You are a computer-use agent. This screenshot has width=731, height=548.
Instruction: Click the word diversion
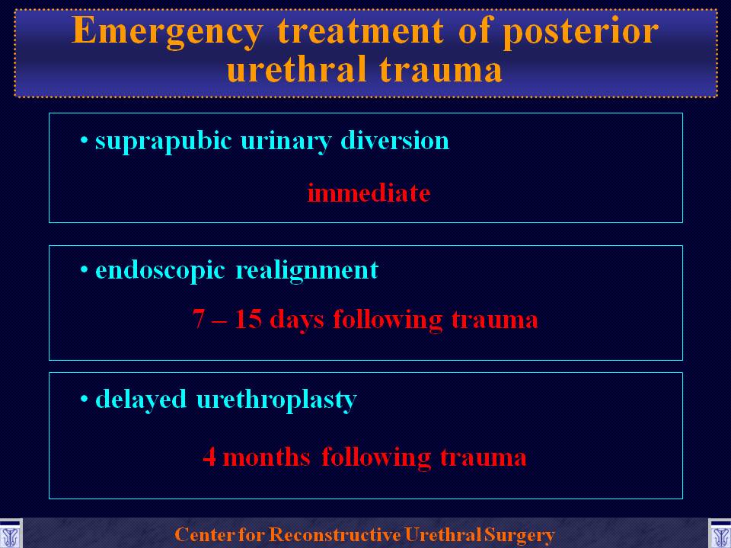click(395, 140)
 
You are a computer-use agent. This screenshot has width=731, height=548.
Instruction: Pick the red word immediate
click(369, 193)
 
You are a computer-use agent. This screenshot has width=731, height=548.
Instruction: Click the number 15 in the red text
click(248, 319)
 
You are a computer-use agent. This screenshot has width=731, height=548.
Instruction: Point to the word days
click(296, 320)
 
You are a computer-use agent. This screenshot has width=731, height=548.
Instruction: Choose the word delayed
click(141, 400)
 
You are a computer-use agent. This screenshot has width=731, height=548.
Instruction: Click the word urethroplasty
click(276, 400)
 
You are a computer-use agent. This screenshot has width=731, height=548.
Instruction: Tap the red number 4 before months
click(209, 457)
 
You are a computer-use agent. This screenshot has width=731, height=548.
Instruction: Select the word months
click(267, 457)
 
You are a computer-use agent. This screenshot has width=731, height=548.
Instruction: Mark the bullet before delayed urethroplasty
click(85, 400)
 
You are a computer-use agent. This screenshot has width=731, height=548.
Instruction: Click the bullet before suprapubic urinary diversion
click(85, 140)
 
